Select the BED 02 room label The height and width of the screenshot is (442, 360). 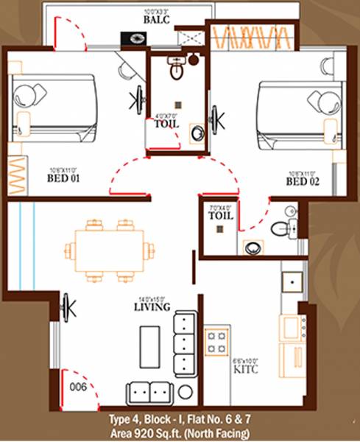pyautogui.click(x=303, y=180)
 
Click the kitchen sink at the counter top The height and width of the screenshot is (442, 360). pyautogui.click(x=292, y=281)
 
